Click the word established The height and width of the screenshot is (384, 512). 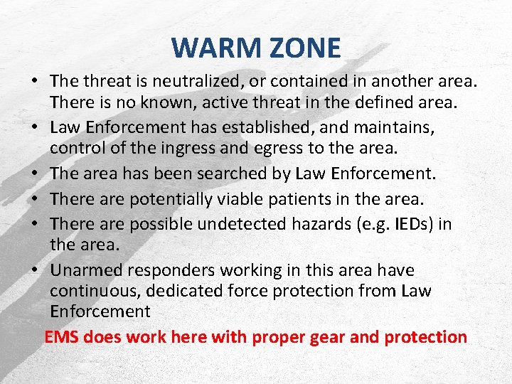point(258,128)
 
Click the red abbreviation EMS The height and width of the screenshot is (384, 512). point(61,337)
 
